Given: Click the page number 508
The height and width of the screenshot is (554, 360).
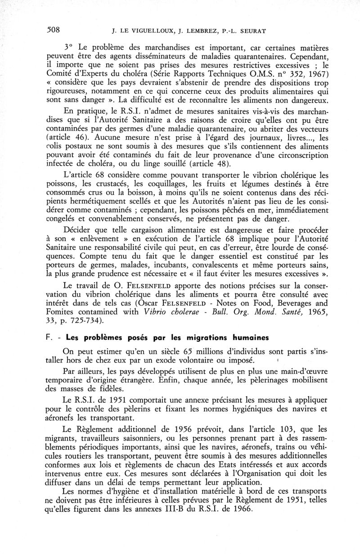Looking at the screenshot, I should tap(54, 31).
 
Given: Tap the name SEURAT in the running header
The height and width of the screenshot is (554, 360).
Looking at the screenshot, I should tap(254, 32).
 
